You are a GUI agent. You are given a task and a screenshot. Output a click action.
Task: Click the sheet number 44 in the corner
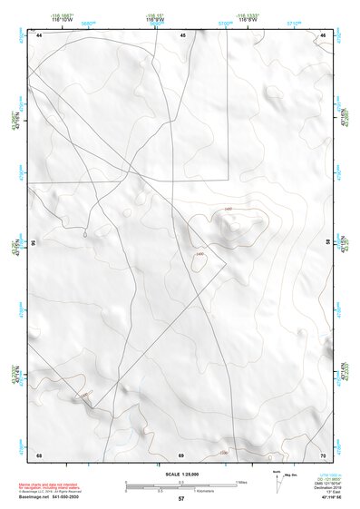coord(40,34)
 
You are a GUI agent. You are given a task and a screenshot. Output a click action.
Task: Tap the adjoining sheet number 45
coord(182,34)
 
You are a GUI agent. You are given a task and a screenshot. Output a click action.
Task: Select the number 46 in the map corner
coord(323,34)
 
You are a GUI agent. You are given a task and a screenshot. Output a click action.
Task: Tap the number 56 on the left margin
coord(34,243)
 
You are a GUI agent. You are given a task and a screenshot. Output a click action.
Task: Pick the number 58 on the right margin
coord(328,243)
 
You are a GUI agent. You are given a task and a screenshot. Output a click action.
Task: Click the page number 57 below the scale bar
coord(181,499)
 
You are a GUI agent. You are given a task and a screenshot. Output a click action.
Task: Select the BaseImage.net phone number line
coord(50,497)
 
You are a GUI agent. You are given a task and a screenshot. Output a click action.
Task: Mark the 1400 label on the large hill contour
coord(228,210)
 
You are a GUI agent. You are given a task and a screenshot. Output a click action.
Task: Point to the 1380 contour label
coord(223,451)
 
